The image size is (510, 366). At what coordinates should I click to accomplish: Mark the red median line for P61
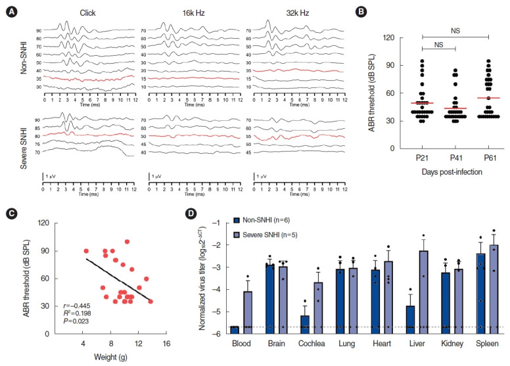(x=489, y=98)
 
